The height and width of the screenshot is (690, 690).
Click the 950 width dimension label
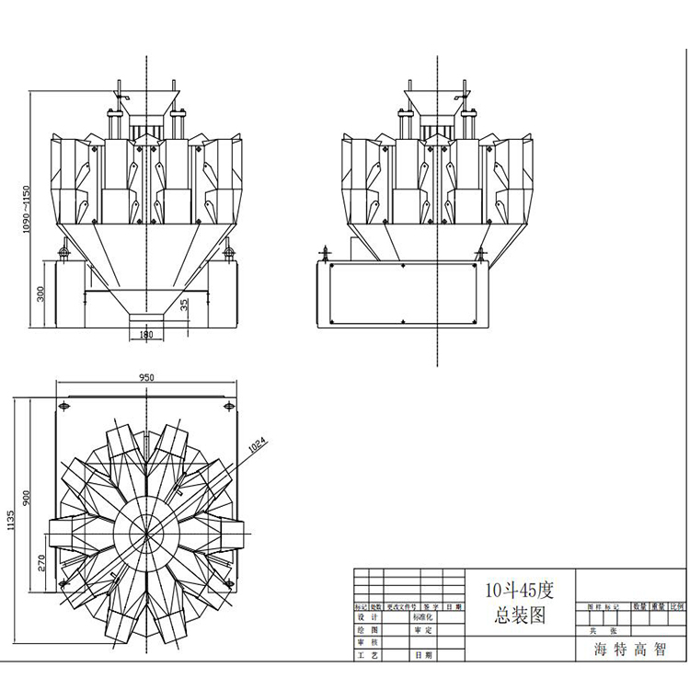(x=145, y=377)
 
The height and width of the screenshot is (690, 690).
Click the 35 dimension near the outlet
(x=184, y=305)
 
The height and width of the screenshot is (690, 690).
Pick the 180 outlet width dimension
(x=145, y=335)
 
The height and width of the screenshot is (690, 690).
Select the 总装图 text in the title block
(x=517, y=615)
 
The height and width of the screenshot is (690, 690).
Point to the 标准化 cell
(x=424, y=618)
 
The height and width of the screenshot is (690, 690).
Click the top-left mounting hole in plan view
(x=63, y=406)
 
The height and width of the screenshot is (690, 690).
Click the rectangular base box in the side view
(x=402, y=293)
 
